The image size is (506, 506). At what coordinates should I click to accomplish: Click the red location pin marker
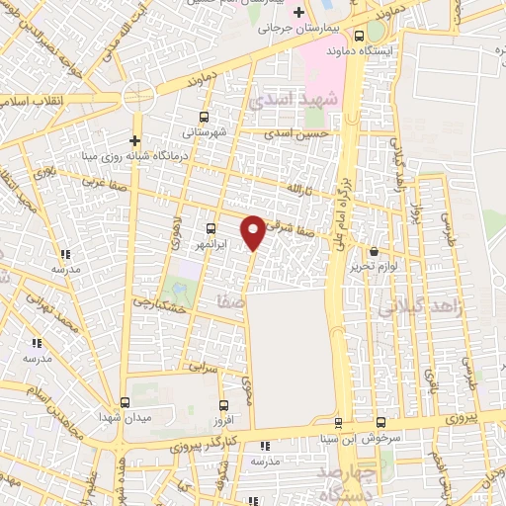pyautogui.click(x=254, y=232)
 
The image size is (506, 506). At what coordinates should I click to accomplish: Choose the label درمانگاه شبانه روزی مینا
pyautogui.click(x=124, y=154)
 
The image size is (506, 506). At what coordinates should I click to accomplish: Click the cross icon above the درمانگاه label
pyautogui.click(x=135, y=138)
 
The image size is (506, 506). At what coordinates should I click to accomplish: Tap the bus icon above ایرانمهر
pyautogui.click(x=210, y=227)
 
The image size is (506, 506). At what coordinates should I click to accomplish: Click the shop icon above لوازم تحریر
pyautogui.click(x=374, y=251)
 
